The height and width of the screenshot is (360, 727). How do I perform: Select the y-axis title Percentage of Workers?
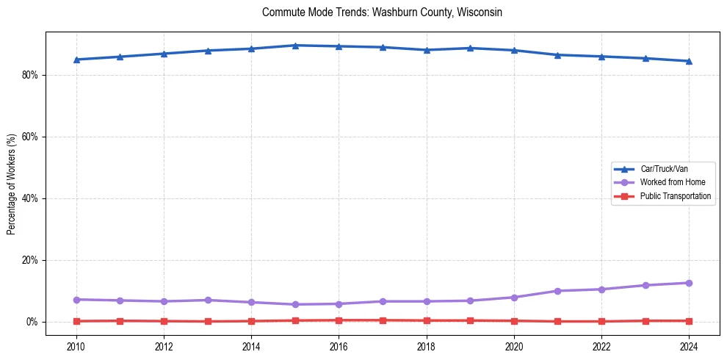coord(11,184)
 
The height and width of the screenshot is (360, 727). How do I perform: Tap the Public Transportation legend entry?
coord(675,196)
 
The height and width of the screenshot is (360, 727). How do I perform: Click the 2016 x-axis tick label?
coord(339,345)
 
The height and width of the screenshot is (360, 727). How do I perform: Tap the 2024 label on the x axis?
coord(689,345)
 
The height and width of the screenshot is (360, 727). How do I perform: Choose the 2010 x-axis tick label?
coord(76,345)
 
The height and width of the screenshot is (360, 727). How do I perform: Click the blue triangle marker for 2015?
coord(295,46)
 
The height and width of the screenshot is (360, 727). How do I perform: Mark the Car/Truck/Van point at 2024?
coord(689,61)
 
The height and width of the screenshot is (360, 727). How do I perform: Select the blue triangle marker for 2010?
coord(76,60)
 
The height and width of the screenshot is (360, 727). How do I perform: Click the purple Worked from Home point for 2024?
coord(689,283)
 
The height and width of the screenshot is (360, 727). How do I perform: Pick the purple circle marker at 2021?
coord(557,291)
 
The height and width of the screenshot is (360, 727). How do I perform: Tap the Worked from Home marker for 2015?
coord(295,304)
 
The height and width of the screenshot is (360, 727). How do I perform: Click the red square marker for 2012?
coord(164,321)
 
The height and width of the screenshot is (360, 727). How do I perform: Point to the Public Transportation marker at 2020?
coord(514,321)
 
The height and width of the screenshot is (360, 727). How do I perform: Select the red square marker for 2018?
coord(427,320)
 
